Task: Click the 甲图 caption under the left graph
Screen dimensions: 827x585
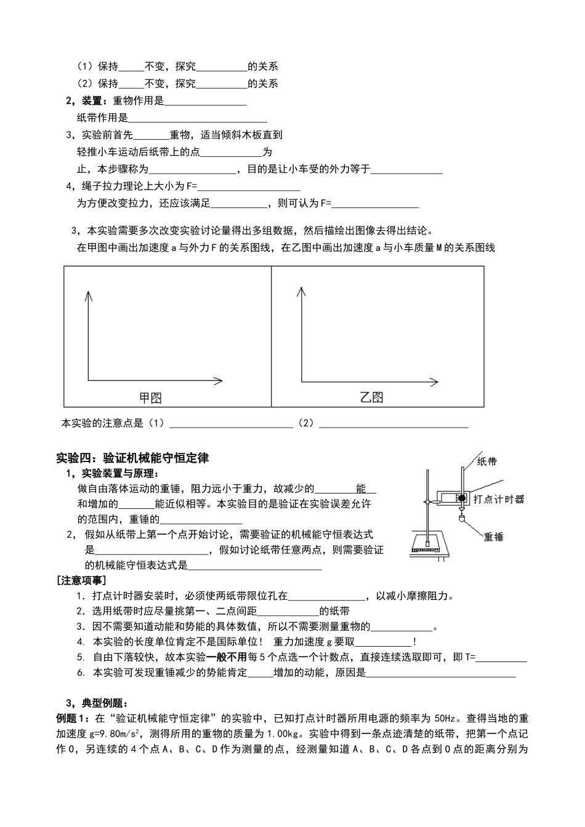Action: (x=150, y=398)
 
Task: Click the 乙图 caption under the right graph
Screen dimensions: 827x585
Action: (x=372, y=398)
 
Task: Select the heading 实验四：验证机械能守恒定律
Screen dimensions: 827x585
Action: (x=132, y=458)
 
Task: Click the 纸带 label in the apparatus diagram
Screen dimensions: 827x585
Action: (x=487, y=461)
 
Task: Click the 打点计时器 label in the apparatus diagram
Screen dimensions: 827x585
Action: (x=499, y=499)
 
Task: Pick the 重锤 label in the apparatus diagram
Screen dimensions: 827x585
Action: (x=494, y=537)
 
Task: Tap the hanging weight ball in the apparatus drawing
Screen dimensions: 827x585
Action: (x=460, y=518)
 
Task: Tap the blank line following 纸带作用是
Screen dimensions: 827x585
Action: (x=197, y=118)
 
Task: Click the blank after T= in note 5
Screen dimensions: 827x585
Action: (x=501, y=657)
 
